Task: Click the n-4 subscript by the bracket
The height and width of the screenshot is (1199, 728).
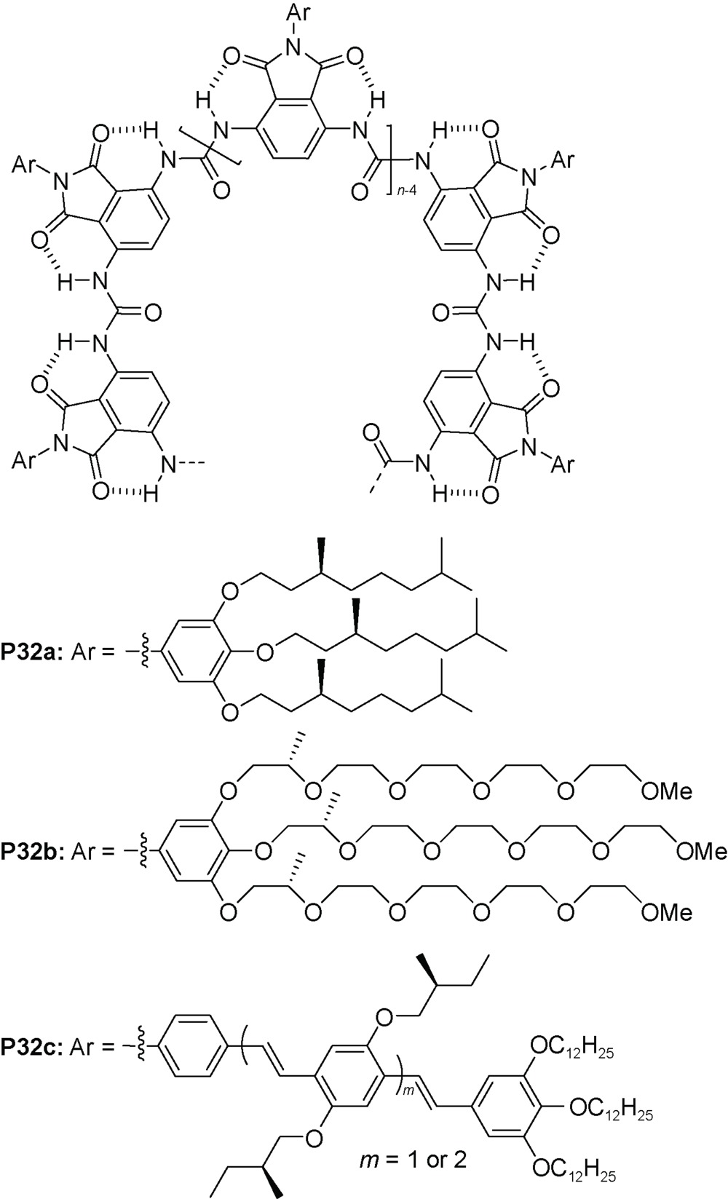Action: [x=406, y=190]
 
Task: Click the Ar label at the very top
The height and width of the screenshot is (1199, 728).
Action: [x=298, y=11]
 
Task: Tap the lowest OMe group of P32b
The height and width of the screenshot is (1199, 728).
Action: [x=666, y=911]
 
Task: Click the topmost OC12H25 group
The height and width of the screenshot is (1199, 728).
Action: [x=571, y=1048]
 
